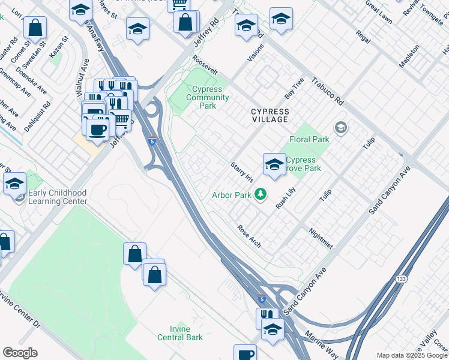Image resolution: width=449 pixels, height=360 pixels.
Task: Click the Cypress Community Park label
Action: tap(208, 98)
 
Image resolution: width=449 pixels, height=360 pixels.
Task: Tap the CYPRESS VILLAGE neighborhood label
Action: tap(270, 116)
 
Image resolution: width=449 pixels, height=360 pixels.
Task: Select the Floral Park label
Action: tap(310, 139)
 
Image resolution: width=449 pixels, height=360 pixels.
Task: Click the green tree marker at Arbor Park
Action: tap(260, 194)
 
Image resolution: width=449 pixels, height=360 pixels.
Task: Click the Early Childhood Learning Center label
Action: tap(58, 197)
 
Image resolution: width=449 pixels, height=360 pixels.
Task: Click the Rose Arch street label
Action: tap(249, 236)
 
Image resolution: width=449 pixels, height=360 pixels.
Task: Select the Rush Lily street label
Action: tap(286, 197)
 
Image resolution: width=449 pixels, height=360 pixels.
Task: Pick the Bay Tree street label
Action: tap(294, 88)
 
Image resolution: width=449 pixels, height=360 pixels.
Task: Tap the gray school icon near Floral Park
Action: tap(341, 127)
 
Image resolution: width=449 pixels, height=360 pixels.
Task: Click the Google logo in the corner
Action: tap(20, 353)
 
